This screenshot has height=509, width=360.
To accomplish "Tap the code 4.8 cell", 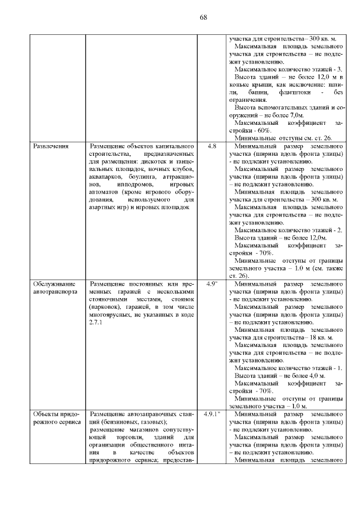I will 211,146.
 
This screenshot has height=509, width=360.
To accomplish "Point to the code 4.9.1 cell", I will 212,413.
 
